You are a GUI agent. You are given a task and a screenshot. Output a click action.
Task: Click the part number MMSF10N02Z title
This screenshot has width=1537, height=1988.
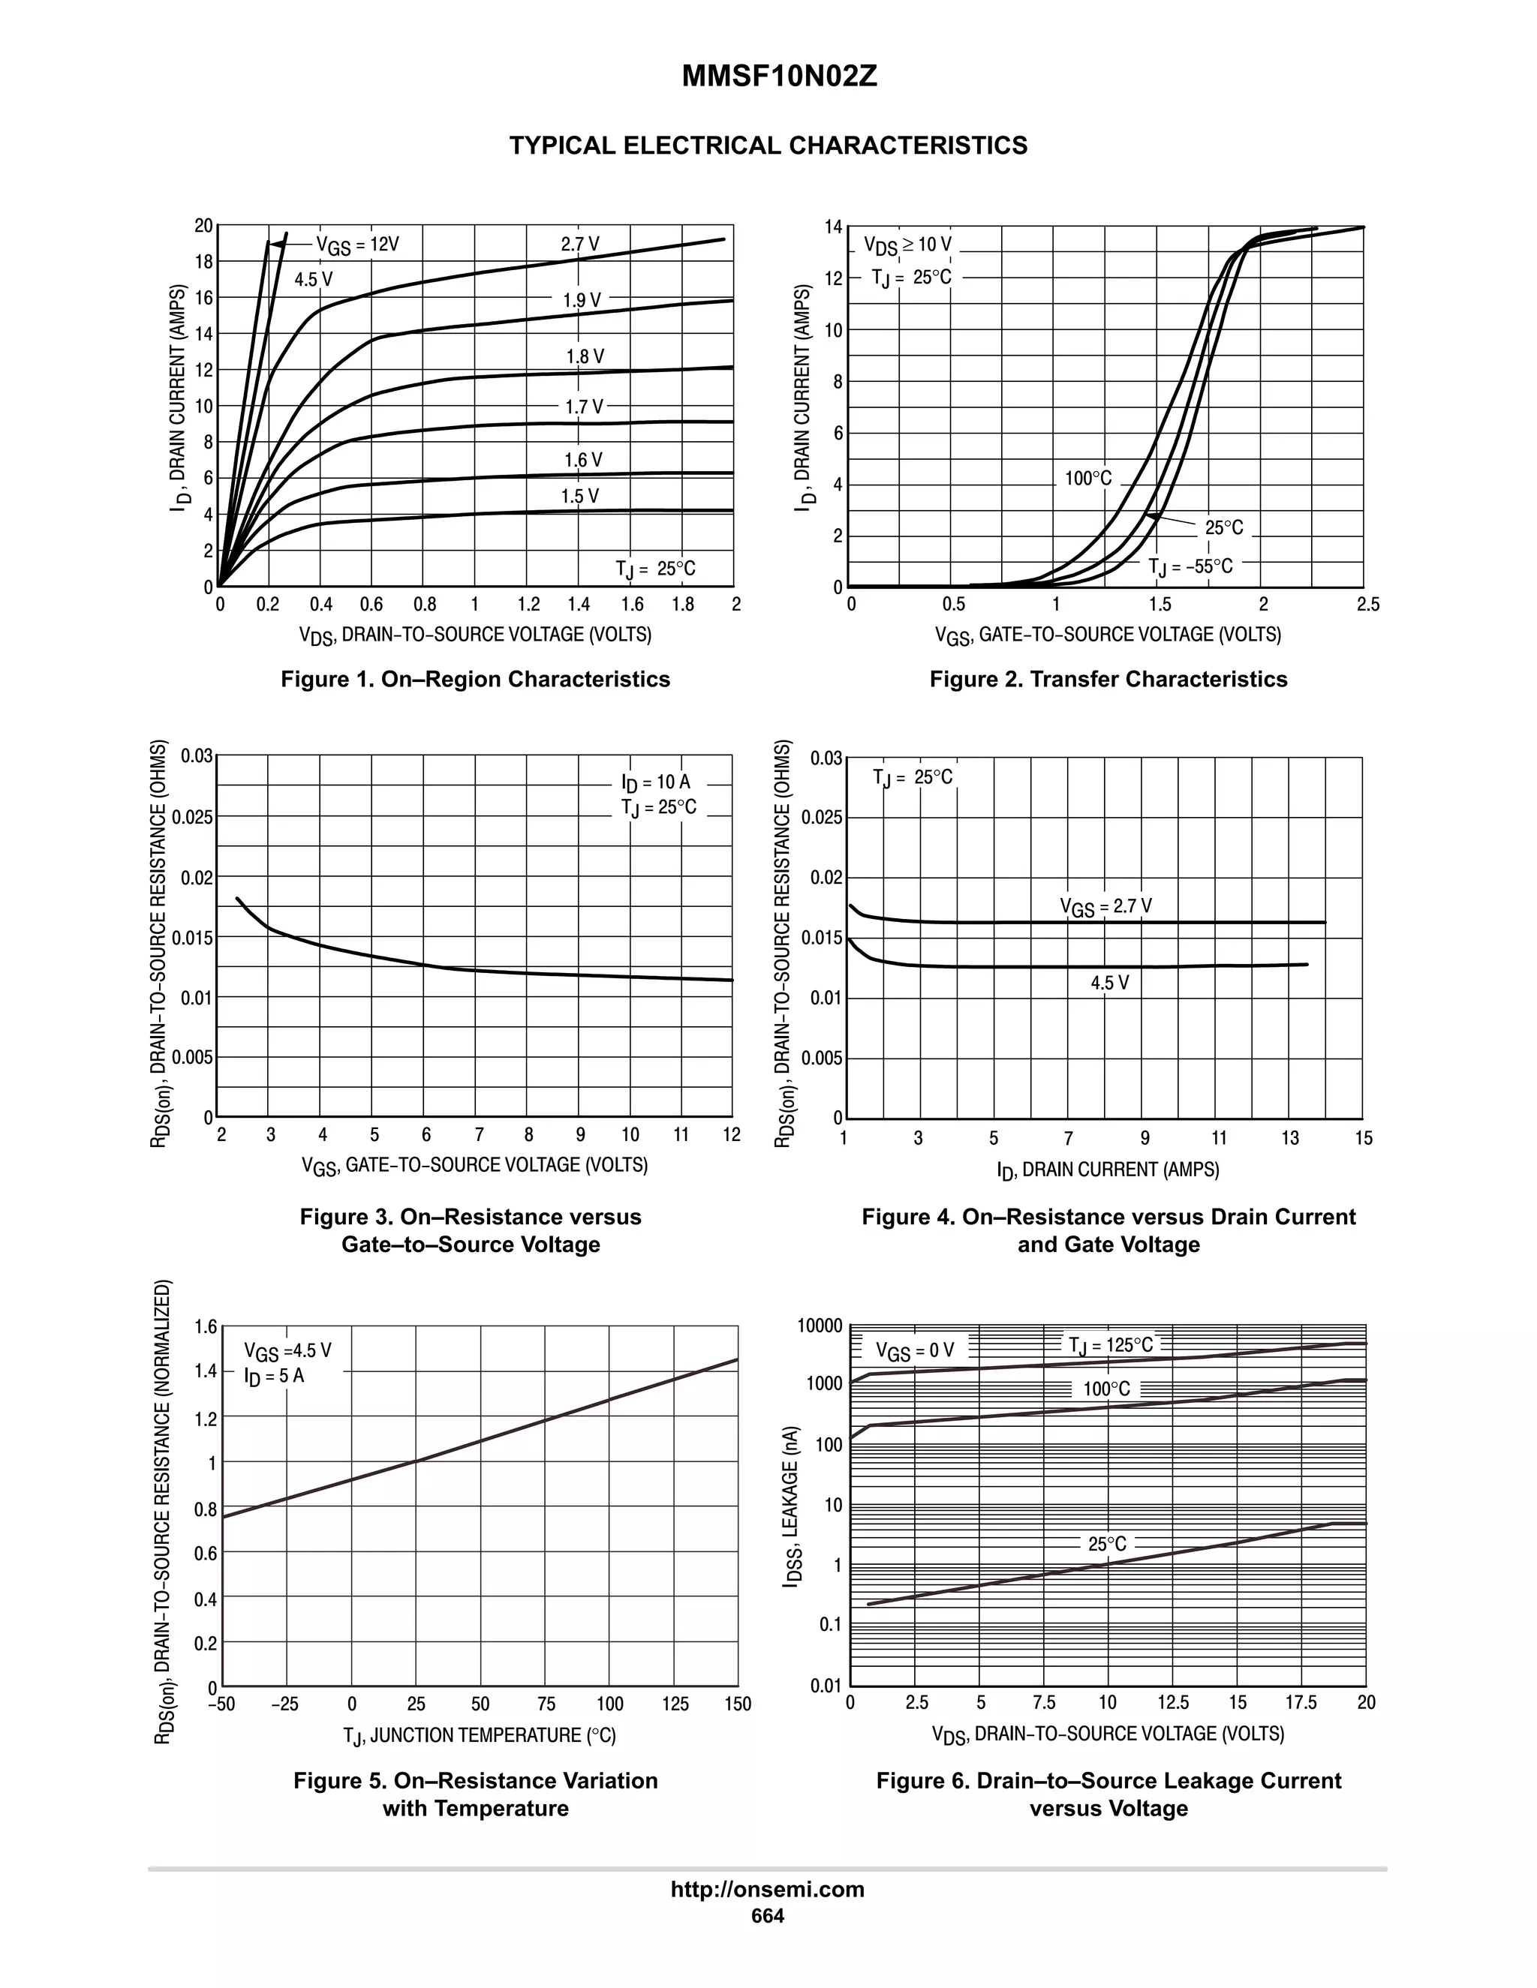click(780, 77)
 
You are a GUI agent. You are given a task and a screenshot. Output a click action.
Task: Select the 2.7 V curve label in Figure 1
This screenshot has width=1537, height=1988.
click(580, 244)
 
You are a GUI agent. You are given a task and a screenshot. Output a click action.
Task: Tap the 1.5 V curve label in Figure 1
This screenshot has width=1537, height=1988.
click(580, 496)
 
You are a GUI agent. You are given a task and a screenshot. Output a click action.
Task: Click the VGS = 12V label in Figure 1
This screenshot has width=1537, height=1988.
click(357, 245)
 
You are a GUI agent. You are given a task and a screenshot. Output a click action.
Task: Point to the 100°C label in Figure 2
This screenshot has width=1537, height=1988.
click(1088, 479)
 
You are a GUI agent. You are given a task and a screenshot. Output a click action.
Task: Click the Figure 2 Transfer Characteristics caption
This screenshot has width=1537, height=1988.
click(1108, 679)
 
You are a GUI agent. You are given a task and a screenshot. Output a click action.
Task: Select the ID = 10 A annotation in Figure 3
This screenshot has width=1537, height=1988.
click(656, 782)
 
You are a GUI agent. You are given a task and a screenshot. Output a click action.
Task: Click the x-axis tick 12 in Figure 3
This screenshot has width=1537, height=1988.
click(732, 1135)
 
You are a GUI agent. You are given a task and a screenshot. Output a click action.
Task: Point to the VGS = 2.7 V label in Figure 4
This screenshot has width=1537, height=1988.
click(1105, 907)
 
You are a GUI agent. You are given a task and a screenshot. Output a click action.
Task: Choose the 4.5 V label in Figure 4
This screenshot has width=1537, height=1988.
click(1109, 983)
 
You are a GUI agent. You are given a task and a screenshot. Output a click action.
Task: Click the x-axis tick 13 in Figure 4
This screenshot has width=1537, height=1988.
click(1289, 1139)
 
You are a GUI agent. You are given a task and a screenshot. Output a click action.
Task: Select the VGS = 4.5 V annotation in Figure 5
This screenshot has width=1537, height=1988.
click(287, 1351)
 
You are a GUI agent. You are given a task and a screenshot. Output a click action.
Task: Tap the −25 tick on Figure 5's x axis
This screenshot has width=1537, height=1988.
click(285, 1704)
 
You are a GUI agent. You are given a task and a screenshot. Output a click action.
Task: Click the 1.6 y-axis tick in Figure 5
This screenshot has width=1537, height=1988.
click(206, 1327)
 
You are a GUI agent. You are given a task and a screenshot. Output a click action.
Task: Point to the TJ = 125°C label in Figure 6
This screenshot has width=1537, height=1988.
click(1110, 1345)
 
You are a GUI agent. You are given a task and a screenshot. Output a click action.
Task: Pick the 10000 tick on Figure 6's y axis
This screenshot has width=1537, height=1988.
click(821, 1326)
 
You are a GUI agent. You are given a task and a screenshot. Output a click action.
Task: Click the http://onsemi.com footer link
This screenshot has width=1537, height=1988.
click(767, 1890)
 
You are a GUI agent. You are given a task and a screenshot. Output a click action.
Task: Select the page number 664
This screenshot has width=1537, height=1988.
click(767, 1916)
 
